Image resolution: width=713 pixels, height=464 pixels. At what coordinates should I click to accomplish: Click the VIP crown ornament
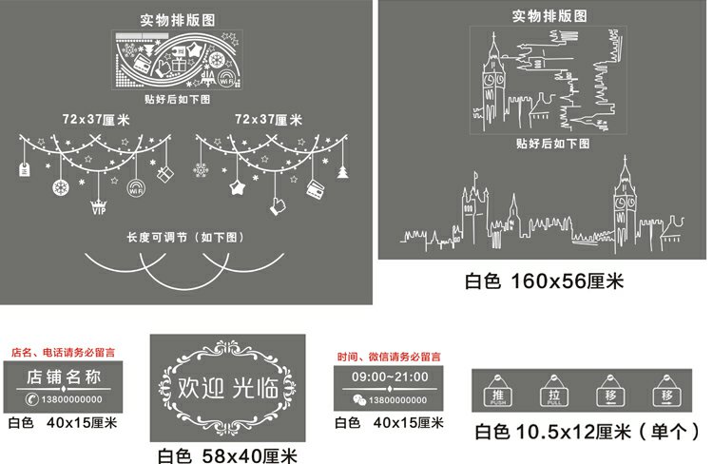(x=97, y=207)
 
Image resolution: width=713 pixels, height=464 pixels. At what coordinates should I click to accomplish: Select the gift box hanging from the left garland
(x=164, y=174)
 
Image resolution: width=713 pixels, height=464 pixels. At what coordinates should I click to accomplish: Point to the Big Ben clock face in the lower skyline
(x=623, y=202)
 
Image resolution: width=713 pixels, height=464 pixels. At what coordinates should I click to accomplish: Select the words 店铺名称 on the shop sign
(x=63, y=377)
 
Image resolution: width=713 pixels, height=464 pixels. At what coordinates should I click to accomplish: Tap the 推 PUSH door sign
(x=495, y=395)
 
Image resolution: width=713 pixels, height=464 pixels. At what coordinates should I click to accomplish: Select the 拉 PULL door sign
(x=553, y=395)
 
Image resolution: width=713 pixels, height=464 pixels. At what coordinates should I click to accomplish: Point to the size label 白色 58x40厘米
(x=227, y=454)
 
